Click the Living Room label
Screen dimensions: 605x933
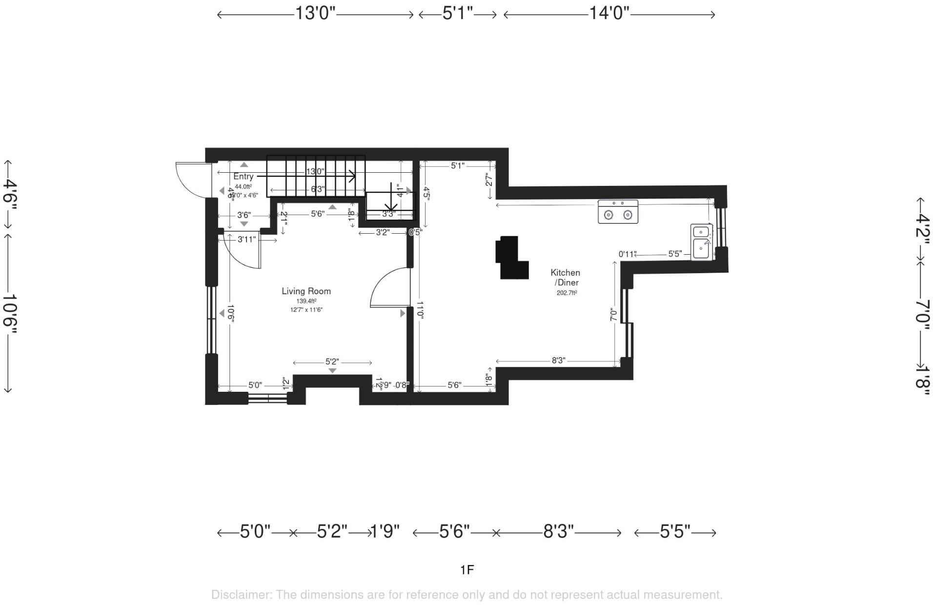point(306,291)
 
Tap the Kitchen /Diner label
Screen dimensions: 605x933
point(565,277)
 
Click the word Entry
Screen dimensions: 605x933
point(243,177)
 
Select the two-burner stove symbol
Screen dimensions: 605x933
point(618,212)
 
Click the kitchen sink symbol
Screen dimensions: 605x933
point(701,242)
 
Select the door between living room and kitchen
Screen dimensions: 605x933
point(390,288)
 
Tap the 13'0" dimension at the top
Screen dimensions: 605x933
point(315,13)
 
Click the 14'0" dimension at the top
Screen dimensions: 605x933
point(609,13)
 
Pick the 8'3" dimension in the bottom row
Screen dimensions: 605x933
point(558,531)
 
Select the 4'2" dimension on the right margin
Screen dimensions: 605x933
point(922,225)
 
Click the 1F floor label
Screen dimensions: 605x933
point(466,569)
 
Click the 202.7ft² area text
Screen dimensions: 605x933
point(567,293)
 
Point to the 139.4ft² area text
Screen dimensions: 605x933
point(306,301)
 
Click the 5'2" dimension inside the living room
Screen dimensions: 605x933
point(332,362)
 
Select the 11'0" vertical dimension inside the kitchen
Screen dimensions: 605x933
point(420,310)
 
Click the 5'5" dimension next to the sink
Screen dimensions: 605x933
point(674,254)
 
